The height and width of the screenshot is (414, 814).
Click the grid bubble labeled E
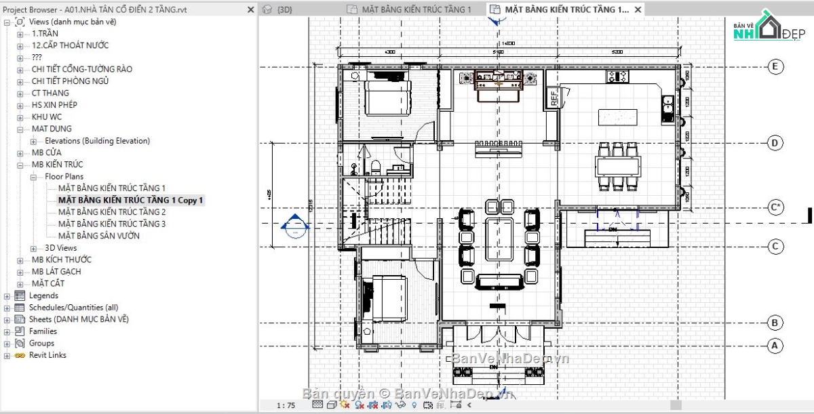(x=775, y=66)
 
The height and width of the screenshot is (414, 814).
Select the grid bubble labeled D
(x=775, y=143)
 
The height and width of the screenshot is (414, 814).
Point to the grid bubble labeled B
(x=775, y=323)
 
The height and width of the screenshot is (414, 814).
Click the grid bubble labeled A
(x=775, y=346)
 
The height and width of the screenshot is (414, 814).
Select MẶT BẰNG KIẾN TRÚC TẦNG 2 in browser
(x=112, y=212)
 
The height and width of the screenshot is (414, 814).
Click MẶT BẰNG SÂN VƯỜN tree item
(x=99, y=236)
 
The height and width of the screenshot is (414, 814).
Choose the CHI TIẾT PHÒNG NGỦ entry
(x=70, y=81)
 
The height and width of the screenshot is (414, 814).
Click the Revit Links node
(x=47, y=355)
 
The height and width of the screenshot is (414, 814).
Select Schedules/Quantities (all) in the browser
(x=73, y=308)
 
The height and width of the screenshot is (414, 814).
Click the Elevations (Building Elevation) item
(x=97, y=141)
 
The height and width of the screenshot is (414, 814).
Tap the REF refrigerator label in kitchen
(x=553, y=98)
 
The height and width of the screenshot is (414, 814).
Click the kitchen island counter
(x=617, y=117)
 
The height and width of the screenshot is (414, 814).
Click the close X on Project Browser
(x=251, y=9)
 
